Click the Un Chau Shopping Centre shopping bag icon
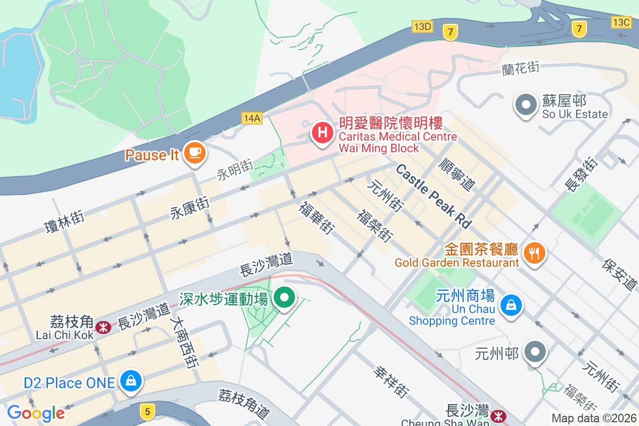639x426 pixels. (511, 305)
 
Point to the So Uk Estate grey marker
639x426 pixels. (527, 105)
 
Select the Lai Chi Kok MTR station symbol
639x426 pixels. (104, 326)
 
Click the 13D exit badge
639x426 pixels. (422, 27)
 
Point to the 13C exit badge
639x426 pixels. (621, 22)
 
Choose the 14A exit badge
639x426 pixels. (251, 118)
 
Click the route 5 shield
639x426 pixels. (148, 411)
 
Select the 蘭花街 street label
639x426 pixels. (521, 69)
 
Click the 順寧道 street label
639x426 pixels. (456, 174)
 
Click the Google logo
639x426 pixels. (36, 413)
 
